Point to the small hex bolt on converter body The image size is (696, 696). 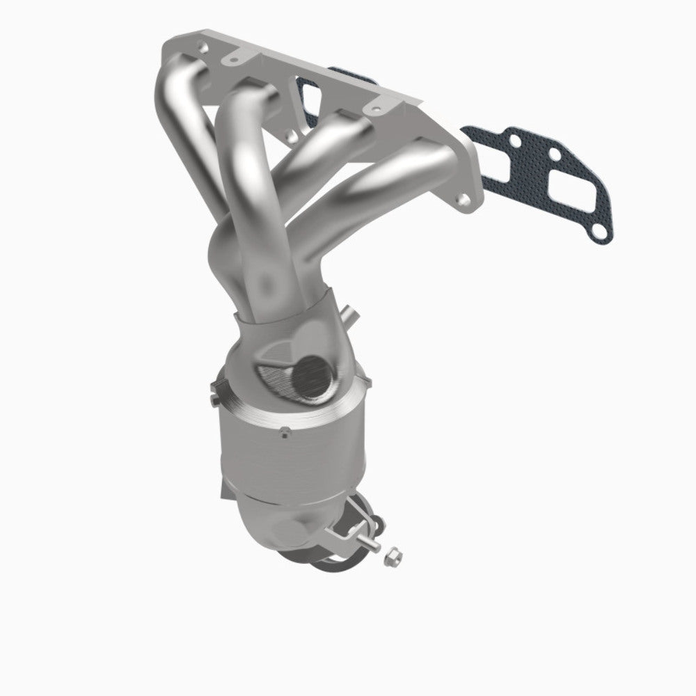283,433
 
